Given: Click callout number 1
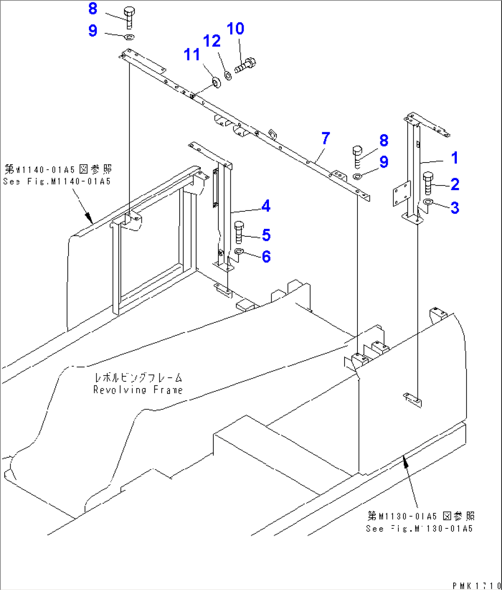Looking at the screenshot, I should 455,158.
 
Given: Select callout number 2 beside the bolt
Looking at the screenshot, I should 455,184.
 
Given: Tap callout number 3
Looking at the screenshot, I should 455,207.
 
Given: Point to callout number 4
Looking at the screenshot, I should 266,206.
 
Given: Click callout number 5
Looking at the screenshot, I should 266,235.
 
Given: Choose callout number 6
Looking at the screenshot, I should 266,257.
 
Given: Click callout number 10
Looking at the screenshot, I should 235,29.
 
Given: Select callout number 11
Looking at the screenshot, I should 192,54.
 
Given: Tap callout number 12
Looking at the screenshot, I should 212,41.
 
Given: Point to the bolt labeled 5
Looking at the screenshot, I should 239,232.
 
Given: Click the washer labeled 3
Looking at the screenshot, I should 428,203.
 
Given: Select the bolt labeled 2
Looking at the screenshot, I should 427,183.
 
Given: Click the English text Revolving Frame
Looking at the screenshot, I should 138,390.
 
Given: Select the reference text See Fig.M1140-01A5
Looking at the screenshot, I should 57,181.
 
